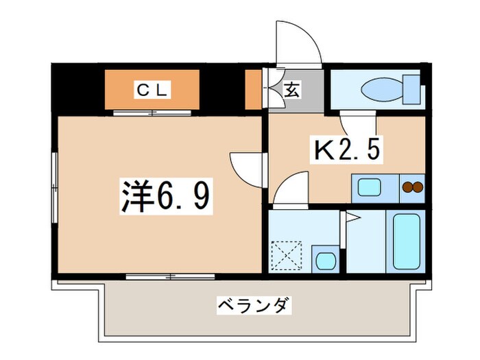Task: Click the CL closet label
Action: [x=151, y=89]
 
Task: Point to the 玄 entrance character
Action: [x=291, y=90]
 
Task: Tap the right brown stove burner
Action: [x=417, y=187]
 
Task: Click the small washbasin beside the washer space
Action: [x=324, y=261]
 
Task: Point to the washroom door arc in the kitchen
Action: [x=291, y=189]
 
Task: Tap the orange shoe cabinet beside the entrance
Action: [x=254, y=89]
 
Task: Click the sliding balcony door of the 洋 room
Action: [x=170, y=276]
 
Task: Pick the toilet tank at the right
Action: [x=413, y=88]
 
